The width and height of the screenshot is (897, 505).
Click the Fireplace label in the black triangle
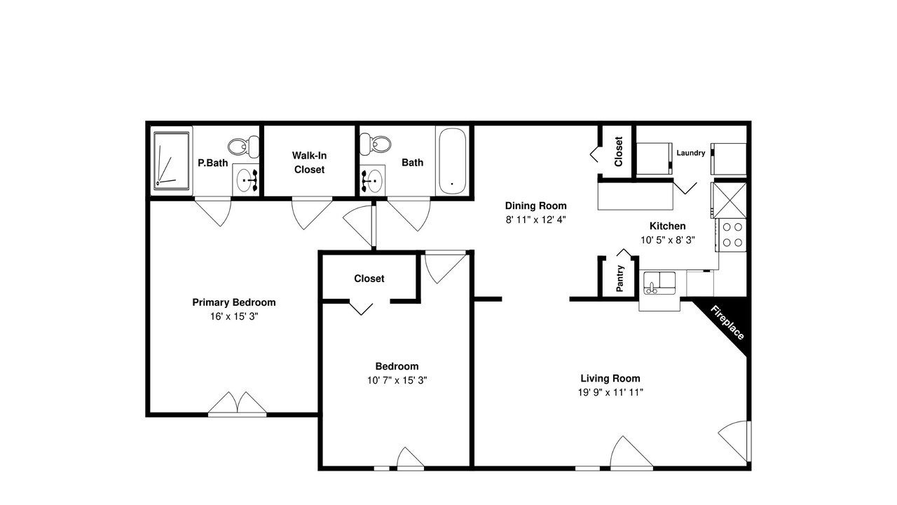click(727, 323)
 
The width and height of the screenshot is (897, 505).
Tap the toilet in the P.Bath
click(243, 147)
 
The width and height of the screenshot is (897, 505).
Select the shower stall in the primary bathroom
click(172, 161)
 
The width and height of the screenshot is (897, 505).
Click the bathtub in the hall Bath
click(452, 161)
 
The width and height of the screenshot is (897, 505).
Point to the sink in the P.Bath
click(246, 180)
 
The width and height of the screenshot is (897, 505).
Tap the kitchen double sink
click(659, 283)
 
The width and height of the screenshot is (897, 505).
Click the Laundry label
click(691, 153)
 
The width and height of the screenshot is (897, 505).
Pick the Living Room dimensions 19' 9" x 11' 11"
click(610, 392)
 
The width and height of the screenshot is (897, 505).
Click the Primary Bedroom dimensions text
click(234, 316)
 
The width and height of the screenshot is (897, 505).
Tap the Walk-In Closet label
click(309, 162)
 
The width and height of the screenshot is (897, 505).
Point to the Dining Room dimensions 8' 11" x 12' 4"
click(536, 220)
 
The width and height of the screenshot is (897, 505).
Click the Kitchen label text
click(668, 226)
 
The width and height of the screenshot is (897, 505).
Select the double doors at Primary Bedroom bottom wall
click(238, 404)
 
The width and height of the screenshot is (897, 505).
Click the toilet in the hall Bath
click(375, 144)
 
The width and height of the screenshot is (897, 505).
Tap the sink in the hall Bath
click(372, 181)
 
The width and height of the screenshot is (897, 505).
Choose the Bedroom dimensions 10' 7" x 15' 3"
click(397, 380)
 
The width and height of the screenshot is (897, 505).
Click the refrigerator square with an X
click(730, 201)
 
